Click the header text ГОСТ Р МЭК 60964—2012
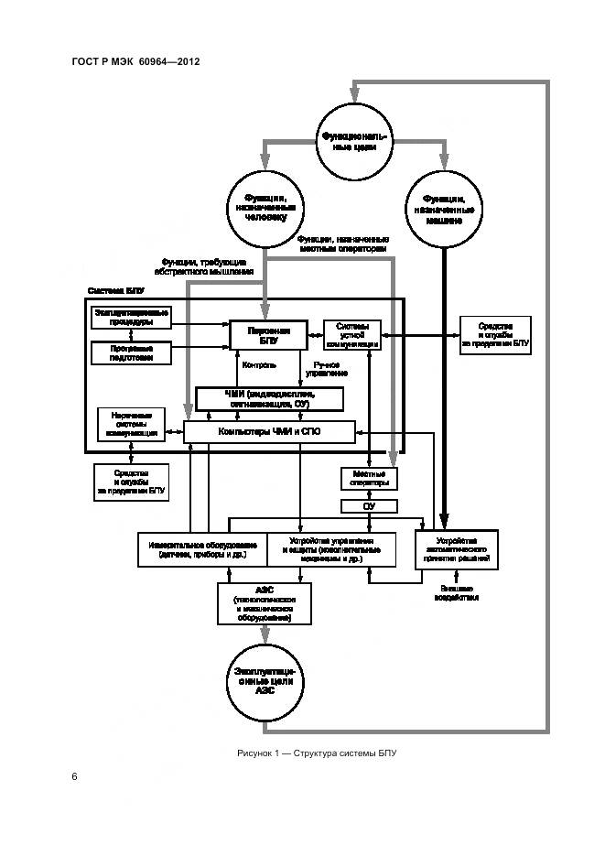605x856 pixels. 135,61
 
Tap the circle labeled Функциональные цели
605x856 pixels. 351,142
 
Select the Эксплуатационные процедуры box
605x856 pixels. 132,317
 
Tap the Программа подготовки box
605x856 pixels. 132,352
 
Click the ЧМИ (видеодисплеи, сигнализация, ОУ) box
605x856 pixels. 269,399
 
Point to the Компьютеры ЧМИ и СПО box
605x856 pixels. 269,430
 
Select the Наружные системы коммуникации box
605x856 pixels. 131,424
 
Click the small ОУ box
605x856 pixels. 368,506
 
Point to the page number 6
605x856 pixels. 74,777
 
